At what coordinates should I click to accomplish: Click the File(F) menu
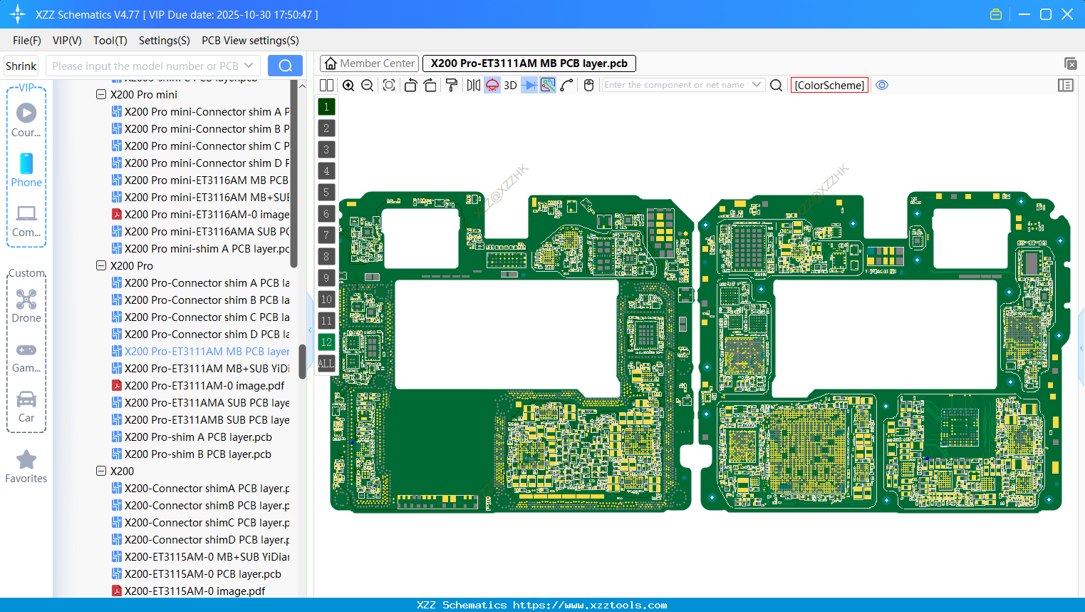[x=26, y=41]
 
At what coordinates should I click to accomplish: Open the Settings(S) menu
[x=164, y=41]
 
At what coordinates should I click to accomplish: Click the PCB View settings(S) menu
[x=250, y=41]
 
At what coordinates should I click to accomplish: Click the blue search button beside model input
[x=285, y=66]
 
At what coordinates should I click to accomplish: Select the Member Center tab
[x=369, y=63]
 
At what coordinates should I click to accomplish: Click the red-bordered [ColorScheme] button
[x=829, y=86]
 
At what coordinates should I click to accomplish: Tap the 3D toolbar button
[x=510, y=86]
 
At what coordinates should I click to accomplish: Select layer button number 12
[x=326, y=342]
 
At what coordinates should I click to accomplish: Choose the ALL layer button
[x=326, y=364]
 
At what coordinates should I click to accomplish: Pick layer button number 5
[x=326, y=193]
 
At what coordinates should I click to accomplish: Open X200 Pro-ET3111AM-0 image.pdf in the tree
[x=204, y=386]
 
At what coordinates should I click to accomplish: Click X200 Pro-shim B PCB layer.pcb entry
[x=197, y=454]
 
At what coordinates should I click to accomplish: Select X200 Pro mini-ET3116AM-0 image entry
[x=207, y=215]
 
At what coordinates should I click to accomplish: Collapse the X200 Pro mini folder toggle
[x=101, y=94]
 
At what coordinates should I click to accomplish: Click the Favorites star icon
[x=26, y=460]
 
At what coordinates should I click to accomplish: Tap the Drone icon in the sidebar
[x=26, y=300]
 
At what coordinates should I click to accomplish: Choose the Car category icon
[x=26, y=399]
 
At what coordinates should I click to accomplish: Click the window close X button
[x=1067, y=14]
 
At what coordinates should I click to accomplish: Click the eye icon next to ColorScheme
[x=882, y=85]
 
